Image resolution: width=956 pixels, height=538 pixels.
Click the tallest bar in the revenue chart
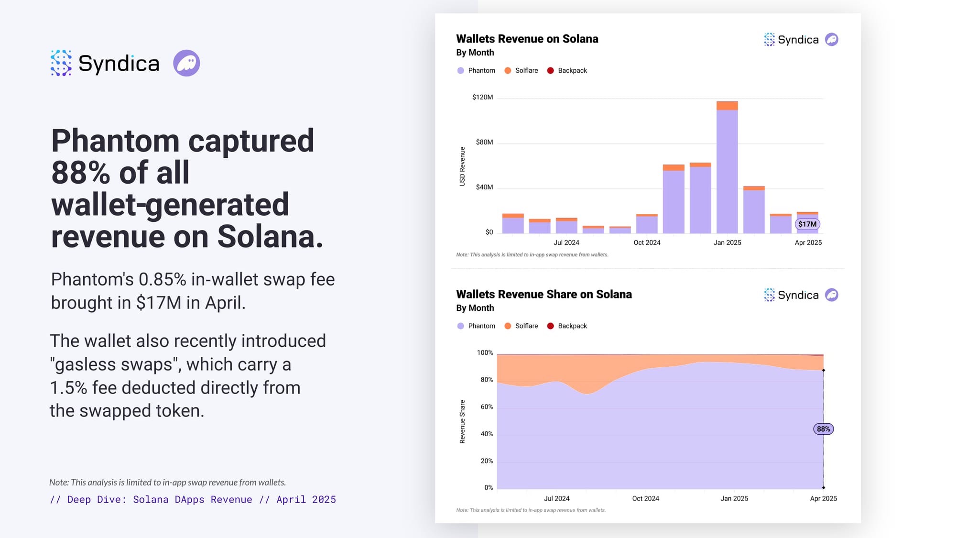(x=727, y=167)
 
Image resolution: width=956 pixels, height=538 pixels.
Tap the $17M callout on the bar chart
(x=807, y=224)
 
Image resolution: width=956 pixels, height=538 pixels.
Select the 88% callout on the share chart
(x=823, y=429)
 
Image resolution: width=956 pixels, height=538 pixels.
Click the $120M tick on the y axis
(x=482, y=97)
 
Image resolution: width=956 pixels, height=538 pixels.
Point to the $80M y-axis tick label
(x=484, y=142)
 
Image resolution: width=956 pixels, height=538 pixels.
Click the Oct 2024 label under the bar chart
(x=647, y=242)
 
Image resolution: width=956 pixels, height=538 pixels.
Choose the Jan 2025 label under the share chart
(x=734, y=498)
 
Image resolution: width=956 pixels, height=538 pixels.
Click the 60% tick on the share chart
(x=487, y=406)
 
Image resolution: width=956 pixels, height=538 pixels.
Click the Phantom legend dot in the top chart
(x=460, y=70)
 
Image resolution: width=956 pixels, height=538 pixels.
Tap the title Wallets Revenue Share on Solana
(x=543, y=294)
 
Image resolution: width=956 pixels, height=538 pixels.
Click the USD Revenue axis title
(x=462, y=166)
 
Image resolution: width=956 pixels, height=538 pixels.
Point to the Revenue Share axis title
(x=462, y=421)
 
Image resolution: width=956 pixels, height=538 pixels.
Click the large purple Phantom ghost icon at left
(x=186, y=63)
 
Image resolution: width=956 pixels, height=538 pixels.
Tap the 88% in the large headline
(x=80, y=173)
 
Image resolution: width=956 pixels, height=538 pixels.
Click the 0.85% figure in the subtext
(x=162, y=279)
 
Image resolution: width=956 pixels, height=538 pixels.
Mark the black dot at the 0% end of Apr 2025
(x=824, y=488)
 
